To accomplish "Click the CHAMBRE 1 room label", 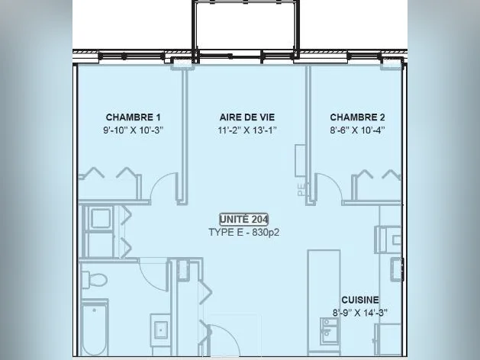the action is click(x=133, y=117).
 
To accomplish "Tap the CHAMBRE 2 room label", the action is click(x=357, y=117).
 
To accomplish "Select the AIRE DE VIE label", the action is click(x=247, y=117).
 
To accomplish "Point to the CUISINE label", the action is click(x=360, y=300).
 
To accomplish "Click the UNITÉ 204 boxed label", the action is click(x=244, y=220).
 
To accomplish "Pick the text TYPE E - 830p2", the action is click(x=244, y=233).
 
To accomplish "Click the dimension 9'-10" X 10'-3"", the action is click(x=133, y=130).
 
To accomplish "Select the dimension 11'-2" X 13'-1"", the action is click(x=247, y=130).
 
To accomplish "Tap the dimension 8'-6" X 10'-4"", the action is click(x=357, y=130).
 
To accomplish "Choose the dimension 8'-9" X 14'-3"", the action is click(x=360, y=313).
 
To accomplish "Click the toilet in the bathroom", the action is click(x=94, y=279).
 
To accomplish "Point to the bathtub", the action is click(x=95, y=327).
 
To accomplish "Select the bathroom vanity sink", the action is click(x=160, y=329).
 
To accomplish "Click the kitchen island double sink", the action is click(x=329, y=331).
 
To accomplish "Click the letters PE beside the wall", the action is click(x=301, y=189).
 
